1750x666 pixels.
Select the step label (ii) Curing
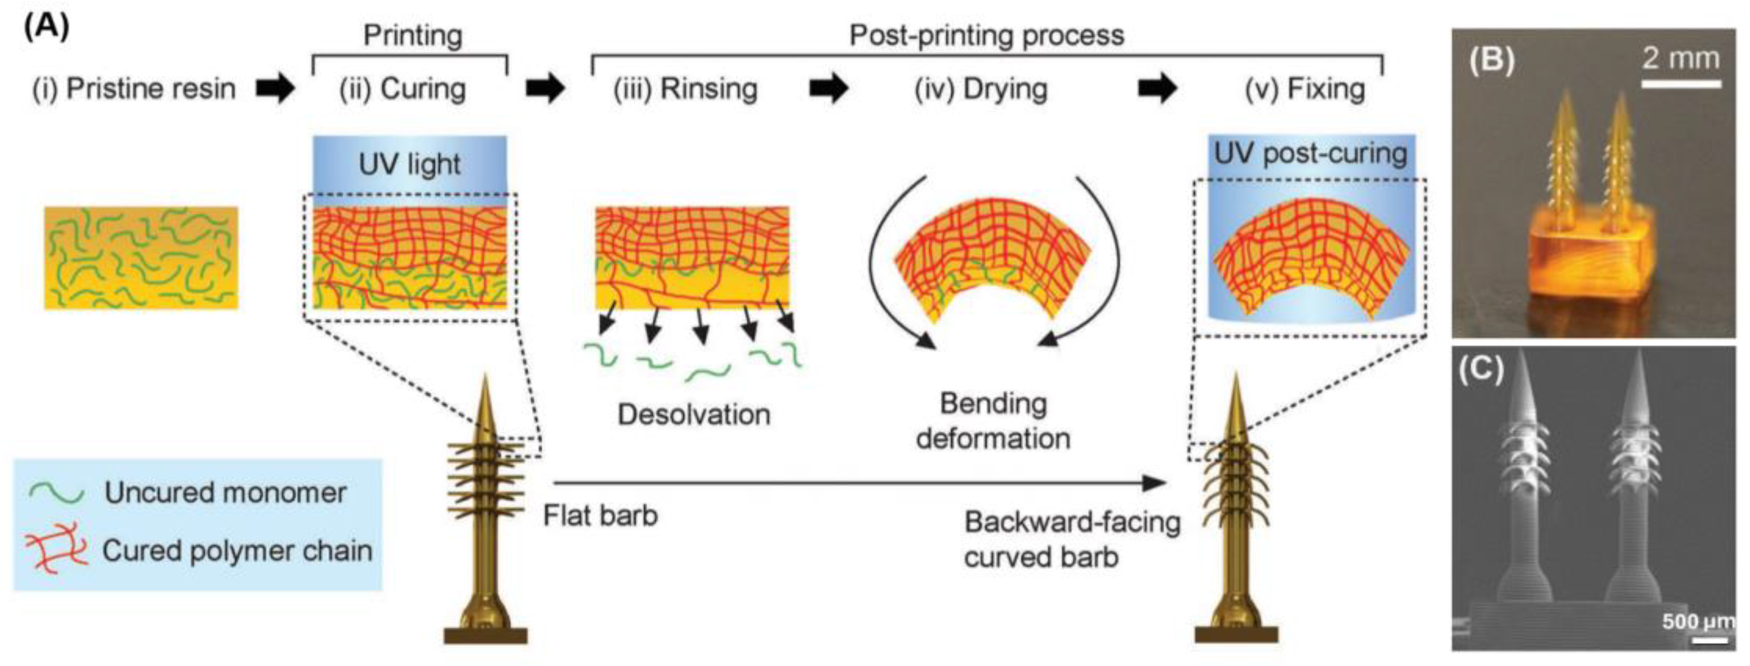(x=403, y=89)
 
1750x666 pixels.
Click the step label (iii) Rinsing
(x=685, y=89)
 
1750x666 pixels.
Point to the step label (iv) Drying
(x=981, y=89)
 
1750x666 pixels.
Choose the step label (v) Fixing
(x=1304, y=89)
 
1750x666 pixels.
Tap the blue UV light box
(x=410, y=166)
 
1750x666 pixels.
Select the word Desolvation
(x=694, y=414)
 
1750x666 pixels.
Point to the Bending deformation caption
(x=992, y=421)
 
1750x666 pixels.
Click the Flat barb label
(x=600, y=516)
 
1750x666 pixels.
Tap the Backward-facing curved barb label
(x=1072, y=540)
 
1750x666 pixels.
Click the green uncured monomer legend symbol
(x=57, y=493)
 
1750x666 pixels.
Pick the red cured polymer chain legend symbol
(x=57, y=549)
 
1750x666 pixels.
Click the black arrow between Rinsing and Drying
(x=828, y=89)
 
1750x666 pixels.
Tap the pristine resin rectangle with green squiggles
(x=141, y=258)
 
